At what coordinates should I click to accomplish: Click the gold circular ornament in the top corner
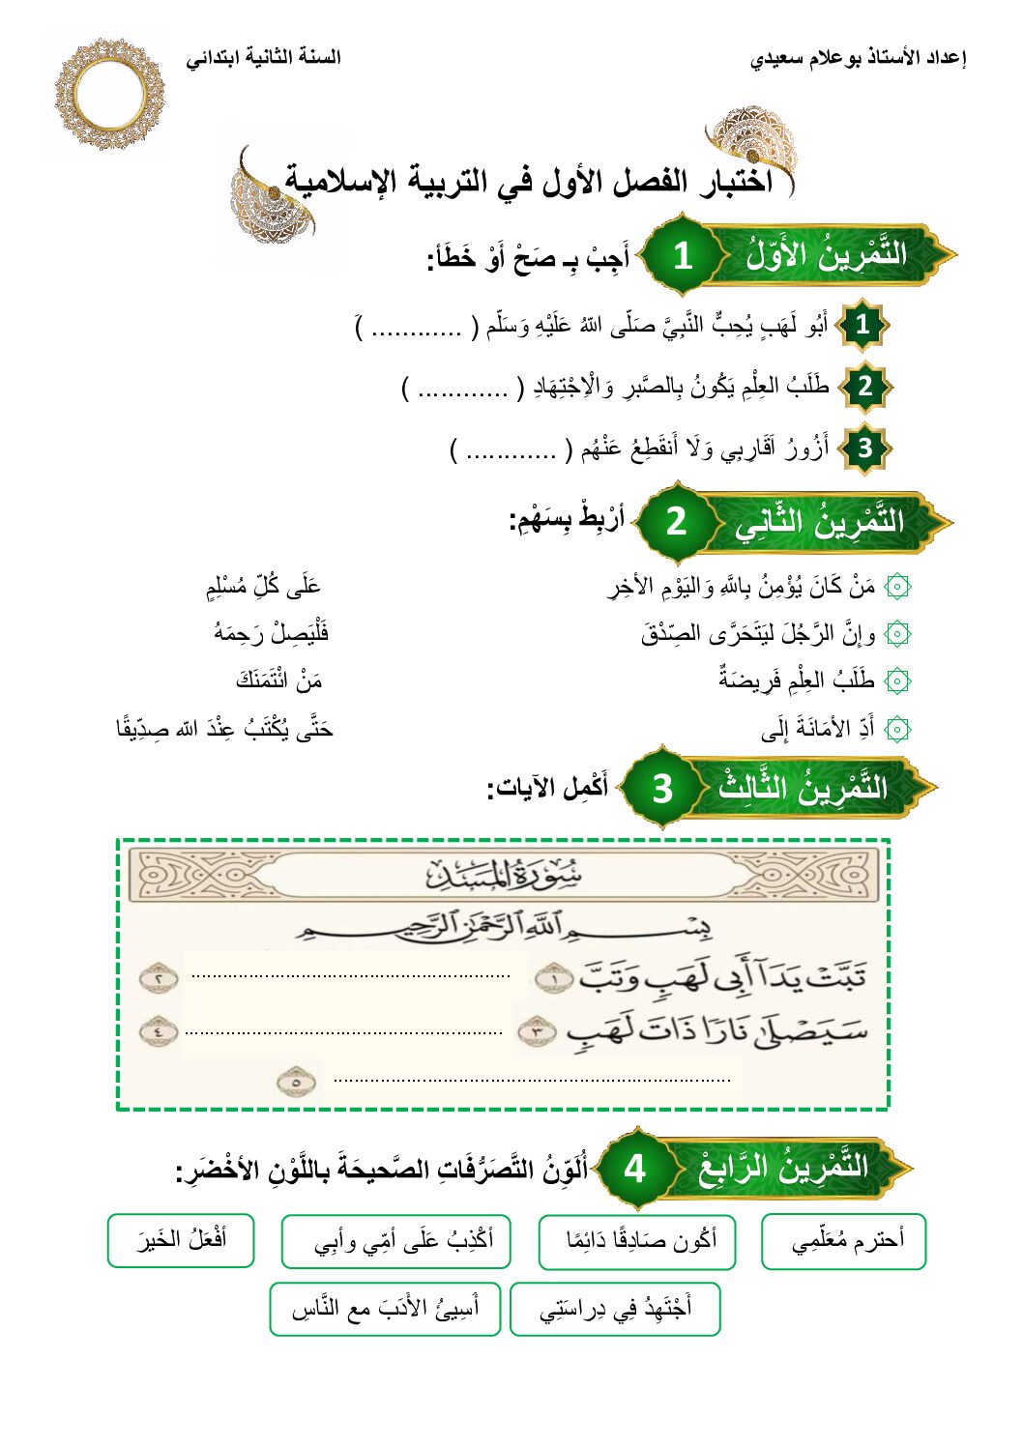(x=109, y=95)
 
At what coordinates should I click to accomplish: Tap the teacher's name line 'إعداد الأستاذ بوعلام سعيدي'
(x=858, y=58)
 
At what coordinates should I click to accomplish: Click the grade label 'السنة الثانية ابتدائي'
(x=263, y=57)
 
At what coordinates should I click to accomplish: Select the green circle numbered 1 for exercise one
(x=683, y=255)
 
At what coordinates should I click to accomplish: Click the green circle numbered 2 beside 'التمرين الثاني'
(x=676, y=521)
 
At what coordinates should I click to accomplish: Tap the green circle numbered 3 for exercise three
(x=662, y=788)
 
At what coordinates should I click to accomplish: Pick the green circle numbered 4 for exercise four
(x=634, y=1168)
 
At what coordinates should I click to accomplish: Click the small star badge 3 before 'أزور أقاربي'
(x=864, y=449)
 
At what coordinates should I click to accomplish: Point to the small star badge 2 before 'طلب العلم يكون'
(x=864, y=387)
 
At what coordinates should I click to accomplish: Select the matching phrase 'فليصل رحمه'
(x=272, y=633)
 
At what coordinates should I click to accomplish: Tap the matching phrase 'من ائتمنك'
(x=279, y=680)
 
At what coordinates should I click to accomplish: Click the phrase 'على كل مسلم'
(x=263, y=586)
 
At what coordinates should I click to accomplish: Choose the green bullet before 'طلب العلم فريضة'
(x=898, y=680)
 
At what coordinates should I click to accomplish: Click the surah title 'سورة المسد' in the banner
(x=504, y=875)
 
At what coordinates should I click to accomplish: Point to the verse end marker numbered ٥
(x=296, y=1082)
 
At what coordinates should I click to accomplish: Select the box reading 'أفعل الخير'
(x=181, y=1239)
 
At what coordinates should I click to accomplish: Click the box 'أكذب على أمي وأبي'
(x=396, y=1240)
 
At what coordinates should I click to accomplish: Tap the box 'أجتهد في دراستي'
(x=615, y=1309)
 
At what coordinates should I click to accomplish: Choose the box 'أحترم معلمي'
(x=844, y=1240)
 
